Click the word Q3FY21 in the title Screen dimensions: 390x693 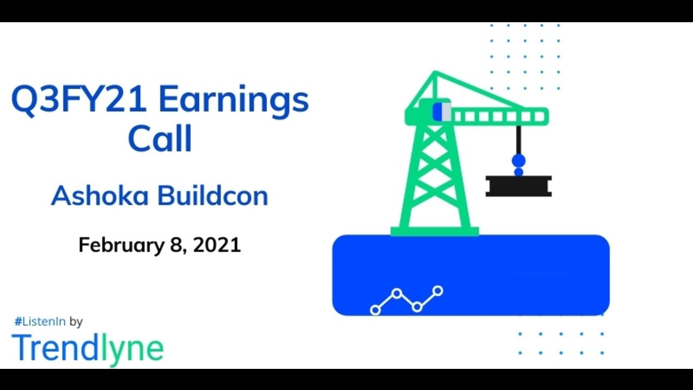79,101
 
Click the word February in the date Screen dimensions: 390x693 120,245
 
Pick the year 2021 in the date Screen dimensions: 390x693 217,245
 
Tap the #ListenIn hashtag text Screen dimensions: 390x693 40,322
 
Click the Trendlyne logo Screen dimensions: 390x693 87,348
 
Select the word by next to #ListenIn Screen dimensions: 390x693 76,322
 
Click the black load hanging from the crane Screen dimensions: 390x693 518,186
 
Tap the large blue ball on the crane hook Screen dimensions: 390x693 519,160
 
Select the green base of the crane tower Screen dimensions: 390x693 434,232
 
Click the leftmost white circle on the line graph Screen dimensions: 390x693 375,310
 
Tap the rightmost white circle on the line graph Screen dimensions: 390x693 437,291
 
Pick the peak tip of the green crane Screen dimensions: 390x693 434,73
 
